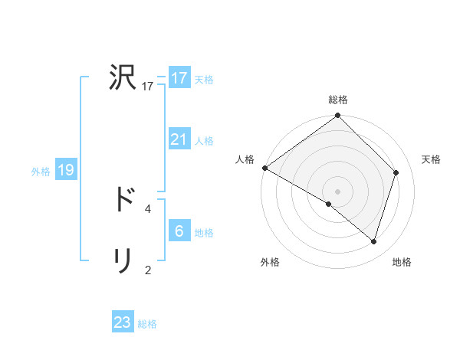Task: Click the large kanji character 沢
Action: pyautogui.click(x=123, y=77)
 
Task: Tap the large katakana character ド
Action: pyautogui.click(x=123, y=199)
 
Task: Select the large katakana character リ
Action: pyautogui.click(x=123, y=260)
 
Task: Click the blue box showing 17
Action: pyautogui.click(x=179, y=78)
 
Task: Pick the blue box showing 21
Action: pyautogui.click(x=179, y=139)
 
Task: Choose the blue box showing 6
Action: pyautogui.click(x=179, y=231)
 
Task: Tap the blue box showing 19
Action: pyautogui.click(x=66, y=170)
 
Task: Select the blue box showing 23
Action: pyautogui.click(x=123, y=322)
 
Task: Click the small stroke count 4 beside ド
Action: pyautogui.click(x=148, y=208)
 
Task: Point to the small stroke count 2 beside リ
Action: pyautogui.click(x=148, y=270)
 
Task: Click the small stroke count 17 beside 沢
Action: pyautogui.click(x=148, y=87)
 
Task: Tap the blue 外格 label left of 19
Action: pyautogui.click(x=41, y=172)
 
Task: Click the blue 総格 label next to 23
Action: pyautogui.click(x=147, y=324)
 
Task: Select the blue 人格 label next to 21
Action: pyautogui.click(x=204, y=141)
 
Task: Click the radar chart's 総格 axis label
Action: pyautogui.click(x=337, y=100)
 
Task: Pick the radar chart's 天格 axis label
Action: pyautogui.click(x=431, y=159)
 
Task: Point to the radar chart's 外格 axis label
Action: pyautogui.click(x=270, y=263)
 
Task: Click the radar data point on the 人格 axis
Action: pyautogui.click(x=264, y=168)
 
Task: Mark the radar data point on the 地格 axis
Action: pyautogui.click(x=374, y=242)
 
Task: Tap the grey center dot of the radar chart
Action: pyautogui.click(x=337, y=191)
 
